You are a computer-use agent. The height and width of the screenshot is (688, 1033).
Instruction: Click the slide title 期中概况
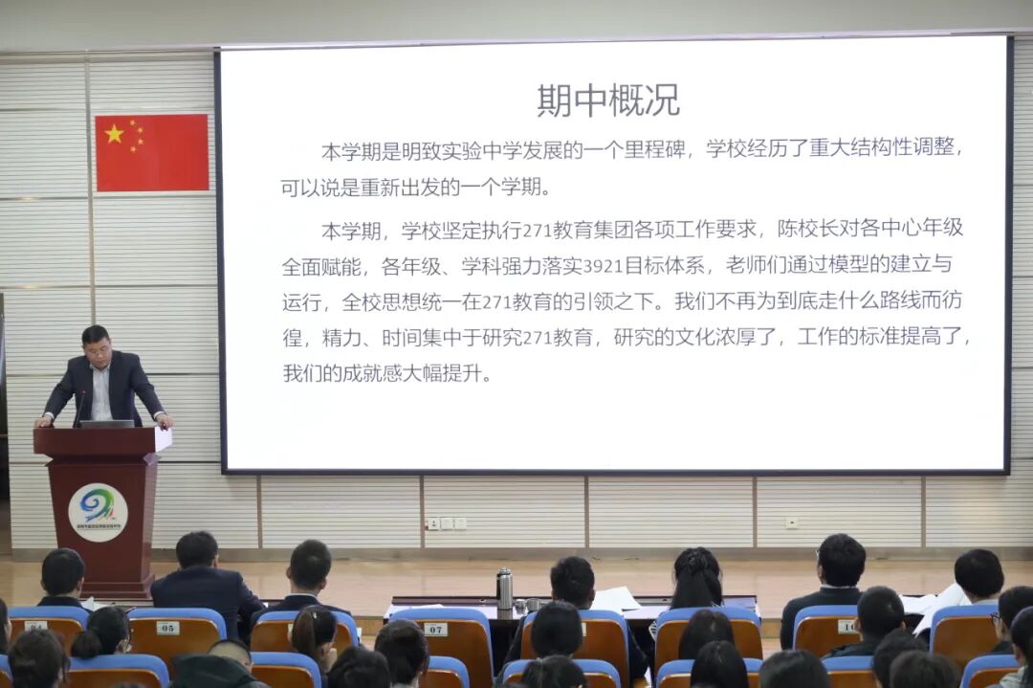[x=608, y=100]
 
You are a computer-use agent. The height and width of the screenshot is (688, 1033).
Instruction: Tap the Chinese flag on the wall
[x=152, y=152]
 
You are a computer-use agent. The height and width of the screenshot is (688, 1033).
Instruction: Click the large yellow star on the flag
[x=115, y=134]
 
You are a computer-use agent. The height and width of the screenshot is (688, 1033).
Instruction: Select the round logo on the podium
[x=98, y=512]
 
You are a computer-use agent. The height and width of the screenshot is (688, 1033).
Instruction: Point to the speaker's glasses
[x=99, y=350]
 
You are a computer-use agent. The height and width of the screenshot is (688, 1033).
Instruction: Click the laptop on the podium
[x=106, y=423]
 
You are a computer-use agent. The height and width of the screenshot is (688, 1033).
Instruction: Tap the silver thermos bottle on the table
[x=504, y=588]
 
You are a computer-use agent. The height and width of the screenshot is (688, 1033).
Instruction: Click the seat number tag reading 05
[x=167, y=628]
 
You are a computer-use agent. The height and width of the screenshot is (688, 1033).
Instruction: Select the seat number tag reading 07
[x=435, y=629]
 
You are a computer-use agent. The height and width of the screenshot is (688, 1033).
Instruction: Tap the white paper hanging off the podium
[x=163, y=438]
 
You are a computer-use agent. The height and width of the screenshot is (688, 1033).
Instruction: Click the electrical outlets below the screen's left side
[x=446, y=523]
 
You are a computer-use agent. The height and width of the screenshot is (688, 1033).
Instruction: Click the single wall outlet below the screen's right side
[x=791, y=522]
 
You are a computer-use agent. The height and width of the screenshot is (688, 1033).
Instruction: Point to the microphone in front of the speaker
[x=81, y=407]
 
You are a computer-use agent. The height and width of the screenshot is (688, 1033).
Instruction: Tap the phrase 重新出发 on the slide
[x=406, y=188]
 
